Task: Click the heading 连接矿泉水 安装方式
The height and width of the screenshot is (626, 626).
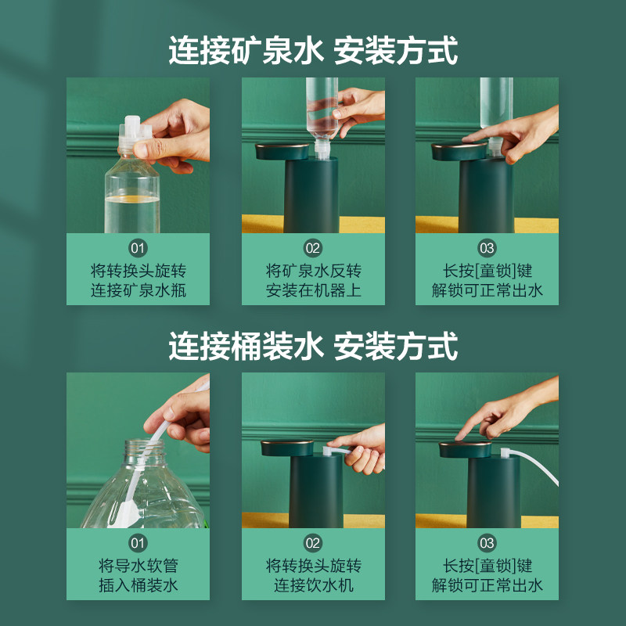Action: tap(313, 50)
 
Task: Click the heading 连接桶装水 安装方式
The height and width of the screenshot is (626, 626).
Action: tap(313, 346)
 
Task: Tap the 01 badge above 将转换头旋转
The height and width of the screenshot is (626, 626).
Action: tap(139, 248)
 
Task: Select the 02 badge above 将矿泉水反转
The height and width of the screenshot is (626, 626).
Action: tap(313, 248)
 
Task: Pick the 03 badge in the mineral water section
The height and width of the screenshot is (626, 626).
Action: tap(487, 248)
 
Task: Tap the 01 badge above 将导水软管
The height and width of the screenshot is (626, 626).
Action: tap(139, 543)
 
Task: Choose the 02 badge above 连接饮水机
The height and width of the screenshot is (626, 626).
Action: tap(313, 543)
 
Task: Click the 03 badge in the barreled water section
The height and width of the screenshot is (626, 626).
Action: tap(487, 543)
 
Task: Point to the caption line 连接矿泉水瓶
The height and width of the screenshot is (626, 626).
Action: tap(139, 290)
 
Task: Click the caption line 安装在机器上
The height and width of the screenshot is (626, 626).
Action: tap(314, 290)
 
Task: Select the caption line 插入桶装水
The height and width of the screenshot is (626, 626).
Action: tap(139, 585)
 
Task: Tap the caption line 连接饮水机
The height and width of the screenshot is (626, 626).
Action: tap(314, 585)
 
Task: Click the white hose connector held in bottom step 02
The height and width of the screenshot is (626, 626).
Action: tap(335, 452)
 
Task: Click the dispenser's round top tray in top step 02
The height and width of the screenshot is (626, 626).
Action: tap(282, 151)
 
